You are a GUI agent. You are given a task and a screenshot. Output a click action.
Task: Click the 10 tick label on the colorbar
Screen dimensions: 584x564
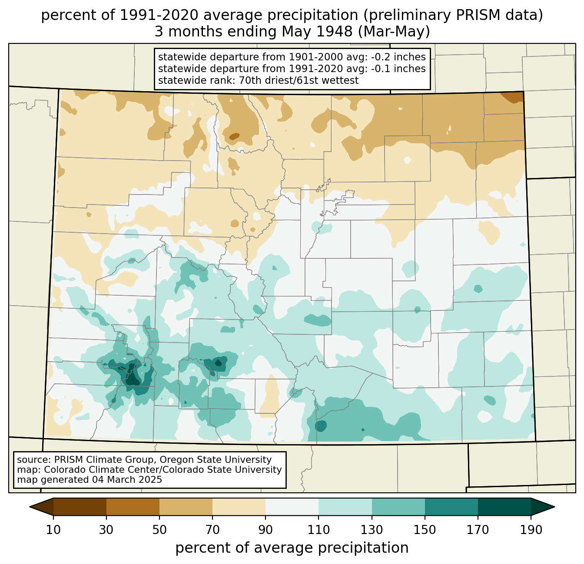53,530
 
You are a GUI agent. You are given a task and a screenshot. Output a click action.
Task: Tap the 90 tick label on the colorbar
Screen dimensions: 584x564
265,530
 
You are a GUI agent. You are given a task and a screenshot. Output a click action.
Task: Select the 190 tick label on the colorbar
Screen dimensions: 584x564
531,530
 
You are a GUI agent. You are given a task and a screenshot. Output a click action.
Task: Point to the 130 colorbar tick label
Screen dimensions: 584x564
372,530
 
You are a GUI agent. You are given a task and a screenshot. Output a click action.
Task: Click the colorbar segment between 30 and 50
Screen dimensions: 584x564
133,507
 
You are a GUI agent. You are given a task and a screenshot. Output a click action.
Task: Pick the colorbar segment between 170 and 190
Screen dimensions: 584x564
504,507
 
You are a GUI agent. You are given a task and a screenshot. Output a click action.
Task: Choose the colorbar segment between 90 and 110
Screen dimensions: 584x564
292,507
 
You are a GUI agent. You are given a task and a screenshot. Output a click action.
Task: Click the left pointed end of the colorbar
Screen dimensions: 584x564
30,507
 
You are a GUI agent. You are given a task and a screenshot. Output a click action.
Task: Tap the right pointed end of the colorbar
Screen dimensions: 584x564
554,507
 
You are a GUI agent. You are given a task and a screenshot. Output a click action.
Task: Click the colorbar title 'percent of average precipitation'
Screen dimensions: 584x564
292,548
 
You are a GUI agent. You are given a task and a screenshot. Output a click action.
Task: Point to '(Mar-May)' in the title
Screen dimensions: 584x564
394,32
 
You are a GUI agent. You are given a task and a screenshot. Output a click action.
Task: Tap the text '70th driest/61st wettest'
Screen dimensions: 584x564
299,80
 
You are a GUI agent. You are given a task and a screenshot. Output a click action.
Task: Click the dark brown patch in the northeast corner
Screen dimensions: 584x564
514,97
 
